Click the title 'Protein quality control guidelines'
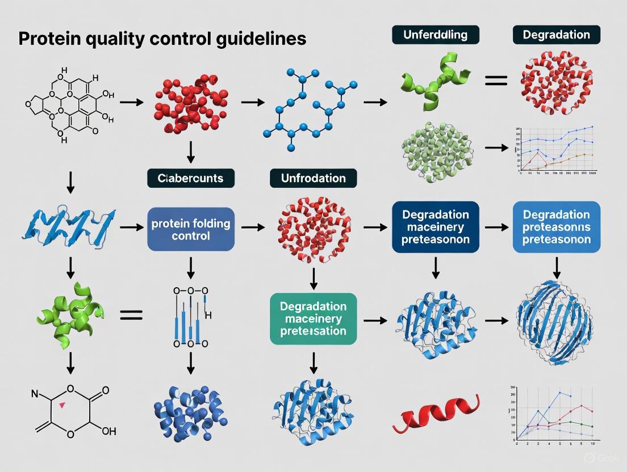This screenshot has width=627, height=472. click(x=162, y=39)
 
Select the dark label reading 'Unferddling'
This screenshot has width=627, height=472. click(x=436, y=35)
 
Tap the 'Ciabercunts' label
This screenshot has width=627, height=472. click(x=190, y=178)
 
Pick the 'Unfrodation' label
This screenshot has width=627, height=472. click(x=313, y=178)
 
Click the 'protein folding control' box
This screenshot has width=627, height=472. click(x=191, y=229)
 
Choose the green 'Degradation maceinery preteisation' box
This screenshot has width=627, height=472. click(x=313, y=318)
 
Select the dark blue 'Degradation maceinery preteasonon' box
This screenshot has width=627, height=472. click(x=436, y=227)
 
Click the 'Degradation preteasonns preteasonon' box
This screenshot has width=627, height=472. click(x=557, y=227)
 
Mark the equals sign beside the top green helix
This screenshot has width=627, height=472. click(x=495, y=81)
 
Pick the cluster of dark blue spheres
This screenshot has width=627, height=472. click(x=190, y=411)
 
